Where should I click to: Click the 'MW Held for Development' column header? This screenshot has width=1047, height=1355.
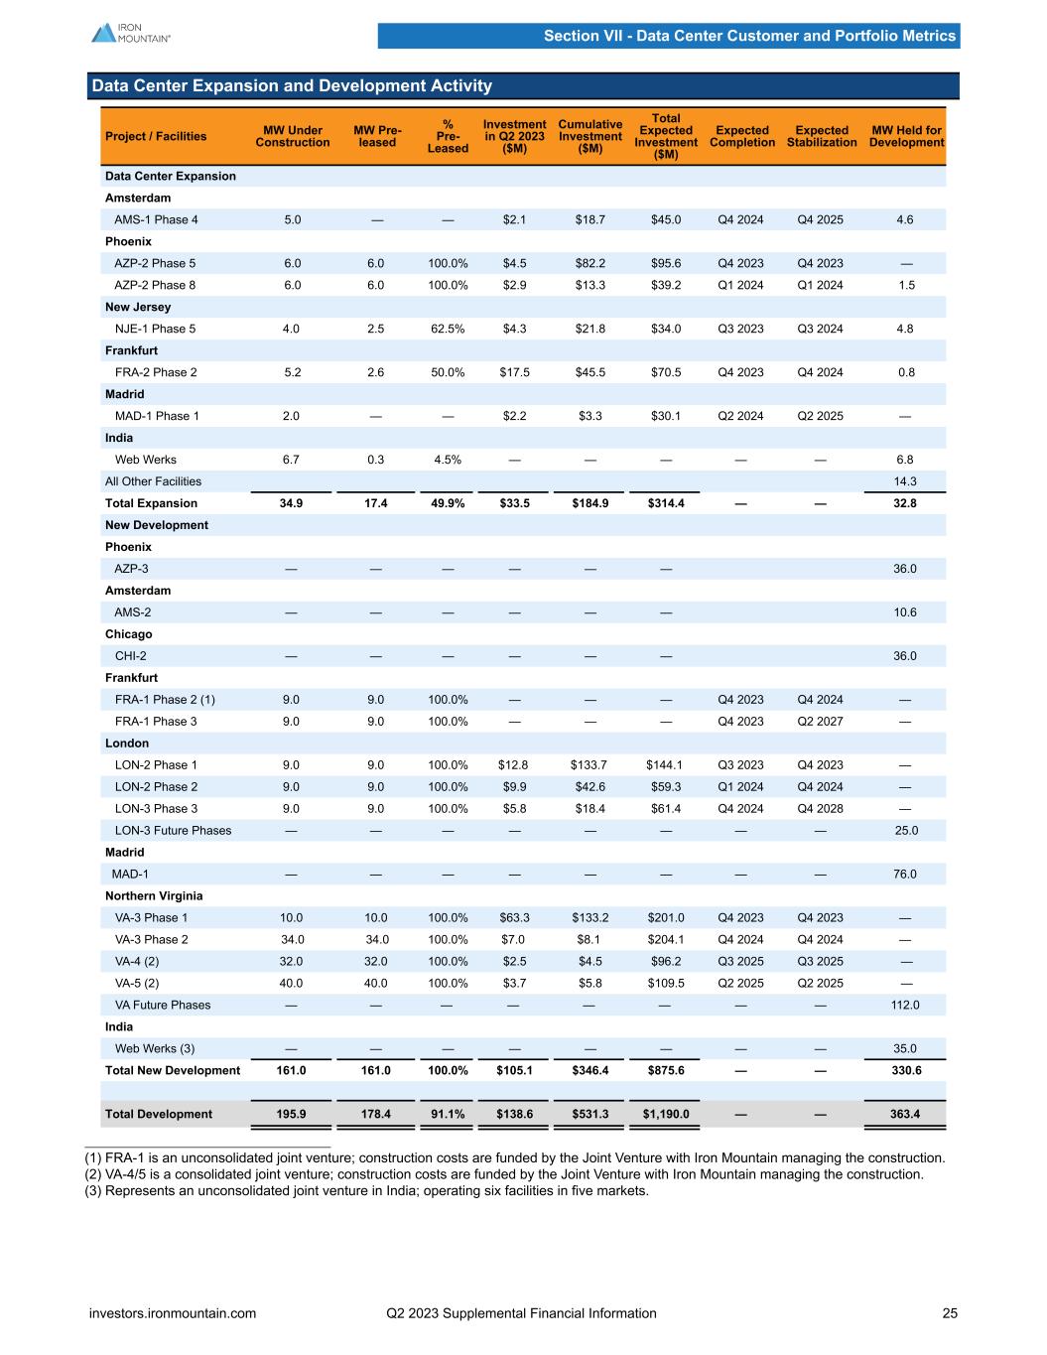[x=906, y=136]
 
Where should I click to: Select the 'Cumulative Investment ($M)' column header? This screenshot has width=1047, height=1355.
[x=589, y=136]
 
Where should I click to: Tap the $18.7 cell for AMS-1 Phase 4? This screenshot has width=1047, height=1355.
[x=589, y=219]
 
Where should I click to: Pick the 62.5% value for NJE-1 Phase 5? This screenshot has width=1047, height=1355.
[x=448, y=329]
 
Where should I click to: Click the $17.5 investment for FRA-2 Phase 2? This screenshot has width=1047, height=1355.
[x=514, y=372]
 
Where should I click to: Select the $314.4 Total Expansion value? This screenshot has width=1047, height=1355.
[x=665, y=503]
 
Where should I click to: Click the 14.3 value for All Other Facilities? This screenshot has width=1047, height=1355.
[x=905, y=481]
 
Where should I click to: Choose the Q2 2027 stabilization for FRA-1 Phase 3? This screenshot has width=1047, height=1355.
[x=821, y=722]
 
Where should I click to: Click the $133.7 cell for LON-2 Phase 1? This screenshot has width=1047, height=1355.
[x=589, y=765]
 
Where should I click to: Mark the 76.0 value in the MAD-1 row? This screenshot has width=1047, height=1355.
[x=905, y=875]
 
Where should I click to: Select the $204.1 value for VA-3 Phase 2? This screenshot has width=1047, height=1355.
[x=665, y=940]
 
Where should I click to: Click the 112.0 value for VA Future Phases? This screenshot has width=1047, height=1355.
[x=905, y=1006]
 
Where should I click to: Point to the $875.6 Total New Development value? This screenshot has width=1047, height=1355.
[x=665, y=1070]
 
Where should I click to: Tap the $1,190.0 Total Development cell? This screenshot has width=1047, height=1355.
[x=665, y=1114]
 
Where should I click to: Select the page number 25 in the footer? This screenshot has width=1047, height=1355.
[x=950, y=1313]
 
